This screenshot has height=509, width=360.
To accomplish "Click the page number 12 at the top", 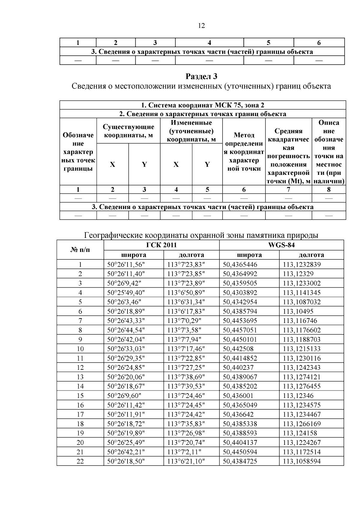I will [x=202, y=26].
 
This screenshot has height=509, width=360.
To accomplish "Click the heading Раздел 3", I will [x=201, y=76].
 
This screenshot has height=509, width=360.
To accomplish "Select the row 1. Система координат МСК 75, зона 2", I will [x=203, y=105].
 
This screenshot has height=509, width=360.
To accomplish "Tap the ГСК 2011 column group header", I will [x=161, y=245].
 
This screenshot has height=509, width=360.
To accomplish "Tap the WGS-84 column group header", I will [x=281, y=245].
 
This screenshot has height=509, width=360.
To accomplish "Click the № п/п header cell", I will [x=80, y=250].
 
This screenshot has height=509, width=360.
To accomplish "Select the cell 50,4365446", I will [x=240, y=265].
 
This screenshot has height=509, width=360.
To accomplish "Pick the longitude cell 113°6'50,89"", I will [x=186, y=292].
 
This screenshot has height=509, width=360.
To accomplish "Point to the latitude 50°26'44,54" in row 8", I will [x=126, y=330].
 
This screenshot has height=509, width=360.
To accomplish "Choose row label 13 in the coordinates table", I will [x=80, y=377].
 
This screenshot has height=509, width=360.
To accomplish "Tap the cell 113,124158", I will [x=300, y=433].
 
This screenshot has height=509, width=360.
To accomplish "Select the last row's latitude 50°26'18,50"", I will [x=126, y=461].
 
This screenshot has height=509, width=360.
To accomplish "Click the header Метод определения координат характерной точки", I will [x=244, y=152].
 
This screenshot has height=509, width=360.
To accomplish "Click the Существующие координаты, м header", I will [x=128, y=131].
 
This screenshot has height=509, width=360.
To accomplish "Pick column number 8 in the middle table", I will [x=329, y=190].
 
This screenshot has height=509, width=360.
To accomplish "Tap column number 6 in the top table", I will [x=319, y=43].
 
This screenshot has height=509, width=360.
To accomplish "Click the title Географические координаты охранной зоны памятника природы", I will [x=201, y=235].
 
